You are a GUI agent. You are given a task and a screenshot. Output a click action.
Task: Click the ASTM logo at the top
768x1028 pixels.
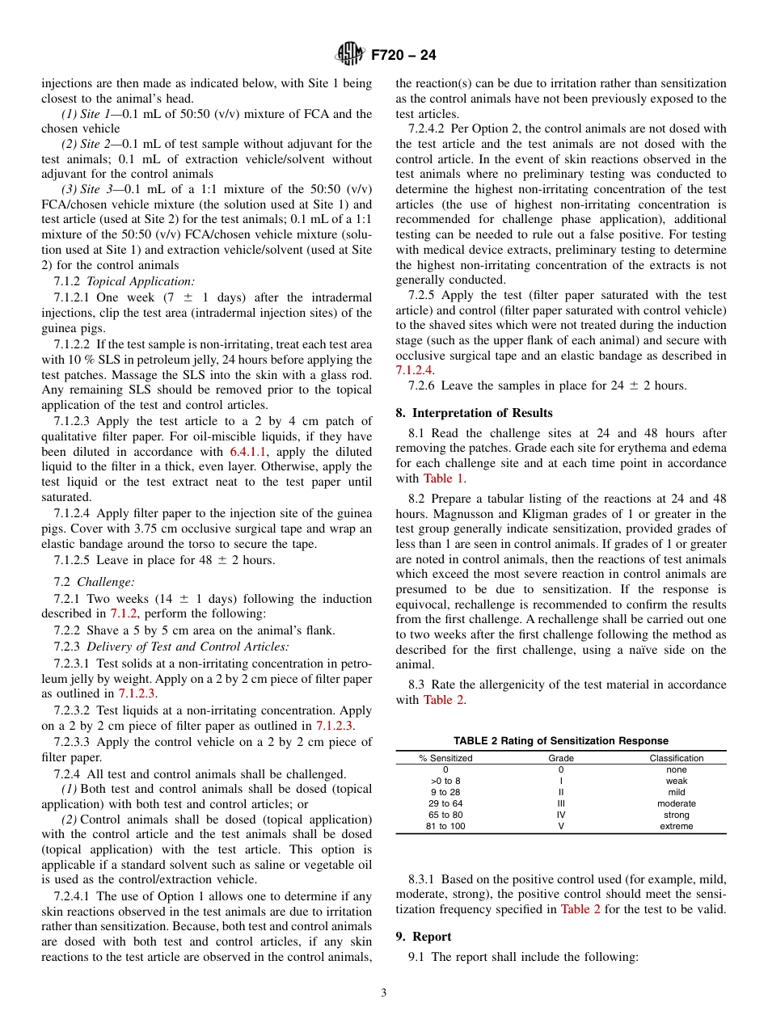[x=350, y=55]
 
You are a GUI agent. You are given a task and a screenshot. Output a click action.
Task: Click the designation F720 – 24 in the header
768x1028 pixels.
[x=403, y=56]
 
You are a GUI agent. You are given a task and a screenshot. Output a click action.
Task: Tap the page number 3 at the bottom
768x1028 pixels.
[x=384, y=993]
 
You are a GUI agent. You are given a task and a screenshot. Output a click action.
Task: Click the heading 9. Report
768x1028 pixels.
[x=424, y=937]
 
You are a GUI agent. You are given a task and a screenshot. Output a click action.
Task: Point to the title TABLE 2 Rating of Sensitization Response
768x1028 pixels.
[x=560, y=741]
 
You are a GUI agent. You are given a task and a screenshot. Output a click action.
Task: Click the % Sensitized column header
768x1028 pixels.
[x=445, y=758]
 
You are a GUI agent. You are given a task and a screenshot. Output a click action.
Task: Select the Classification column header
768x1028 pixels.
[x=676, y=758]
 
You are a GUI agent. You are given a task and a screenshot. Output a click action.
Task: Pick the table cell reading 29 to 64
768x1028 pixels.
[x=445, y=803]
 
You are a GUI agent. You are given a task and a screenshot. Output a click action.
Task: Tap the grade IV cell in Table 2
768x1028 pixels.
[x=561, y=815]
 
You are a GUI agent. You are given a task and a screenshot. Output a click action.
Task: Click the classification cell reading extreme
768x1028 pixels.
[x=676, y=826]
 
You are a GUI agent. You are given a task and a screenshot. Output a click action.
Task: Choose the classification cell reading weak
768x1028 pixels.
[x=676, y=781]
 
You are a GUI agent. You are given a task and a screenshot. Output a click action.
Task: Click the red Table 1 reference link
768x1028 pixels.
[x=438, y=478]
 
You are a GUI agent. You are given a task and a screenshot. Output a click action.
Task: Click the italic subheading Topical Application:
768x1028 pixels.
[x=141, y=281]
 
